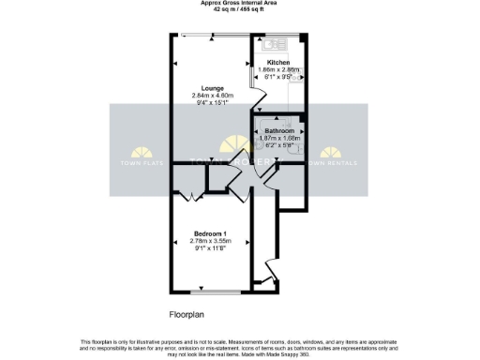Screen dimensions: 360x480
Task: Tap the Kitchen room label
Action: [278, 62]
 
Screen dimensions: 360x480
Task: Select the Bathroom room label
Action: [278, 130]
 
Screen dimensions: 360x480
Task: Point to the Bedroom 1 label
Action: [211, 232]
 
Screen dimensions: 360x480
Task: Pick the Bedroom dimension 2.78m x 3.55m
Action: [211, 240]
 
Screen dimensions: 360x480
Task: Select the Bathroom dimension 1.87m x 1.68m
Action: [278, 138]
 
